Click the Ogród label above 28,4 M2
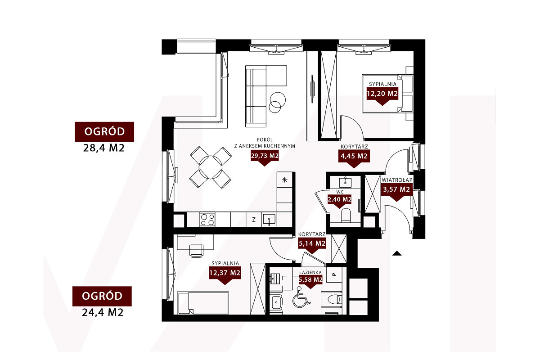(104, 132)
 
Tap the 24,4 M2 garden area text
(103, 312)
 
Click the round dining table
(211, 167)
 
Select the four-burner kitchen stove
(207, 220)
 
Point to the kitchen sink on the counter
(269, 220)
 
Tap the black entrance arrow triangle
(397, 253)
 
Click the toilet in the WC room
(346, 216)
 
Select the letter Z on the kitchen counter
(254, 220)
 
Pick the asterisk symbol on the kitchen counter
(285, 180)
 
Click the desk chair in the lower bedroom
(196, 250)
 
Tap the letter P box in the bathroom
(334, 274)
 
